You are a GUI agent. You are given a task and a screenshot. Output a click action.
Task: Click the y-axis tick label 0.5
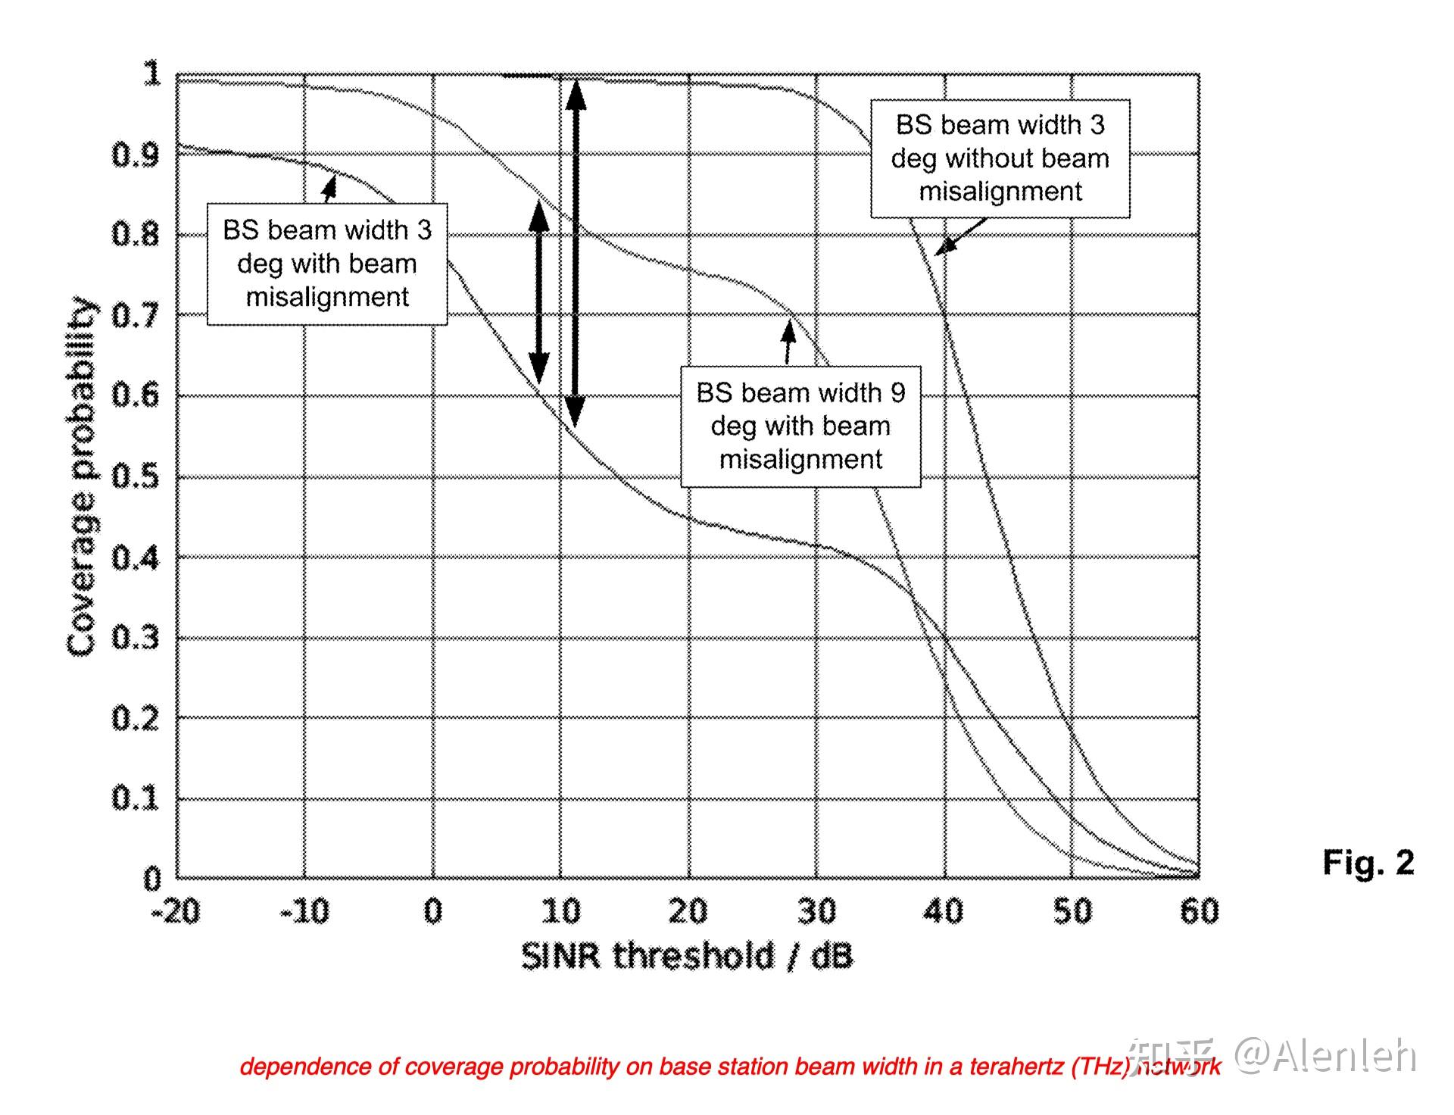pyautogui.click(x=136, y=477)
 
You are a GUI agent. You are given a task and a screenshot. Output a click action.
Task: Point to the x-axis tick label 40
pyautogui.click(x=944, y=911)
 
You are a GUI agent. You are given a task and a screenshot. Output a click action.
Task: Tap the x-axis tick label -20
pyautogui.click(x=176, y=911)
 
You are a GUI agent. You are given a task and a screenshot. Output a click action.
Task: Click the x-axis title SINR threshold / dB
pyautogui.click(x=687, y=956)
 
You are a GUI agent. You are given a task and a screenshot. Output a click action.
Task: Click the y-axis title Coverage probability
pyautogui.click(x=82, y=477)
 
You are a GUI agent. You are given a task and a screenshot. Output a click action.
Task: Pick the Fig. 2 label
pyautogui.click(x=1368, y=862)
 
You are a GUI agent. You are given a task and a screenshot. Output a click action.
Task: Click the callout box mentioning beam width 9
pyautogui.click(x=800, y=426)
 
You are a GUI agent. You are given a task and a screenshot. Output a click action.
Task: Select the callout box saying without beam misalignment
pyautogui.click(x=1000, y=158)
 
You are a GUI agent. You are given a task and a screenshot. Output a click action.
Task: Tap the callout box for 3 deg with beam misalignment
pyautogui.click(x=327, y=264)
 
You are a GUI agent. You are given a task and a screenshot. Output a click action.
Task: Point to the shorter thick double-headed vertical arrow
pyautogui.click(x=538, y=292)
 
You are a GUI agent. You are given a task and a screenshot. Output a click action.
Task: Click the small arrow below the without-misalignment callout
pyautogui.click(x=960, y=236)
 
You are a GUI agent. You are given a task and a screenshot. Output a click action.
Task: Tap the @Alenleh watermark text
pyautogui.click(x=1325, y=1054)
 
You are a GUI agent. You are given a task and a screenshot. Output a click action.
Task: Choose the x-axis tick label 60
pyautogui.click(x=1200, y=911)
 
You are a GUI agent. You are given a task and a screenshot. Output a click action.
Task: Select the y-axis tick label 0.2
pyautogui.click(x=136, y=718)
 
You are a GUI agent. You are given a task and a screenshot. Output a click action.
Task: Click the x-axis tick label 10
pyautogui.click(x=560, y=911)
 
